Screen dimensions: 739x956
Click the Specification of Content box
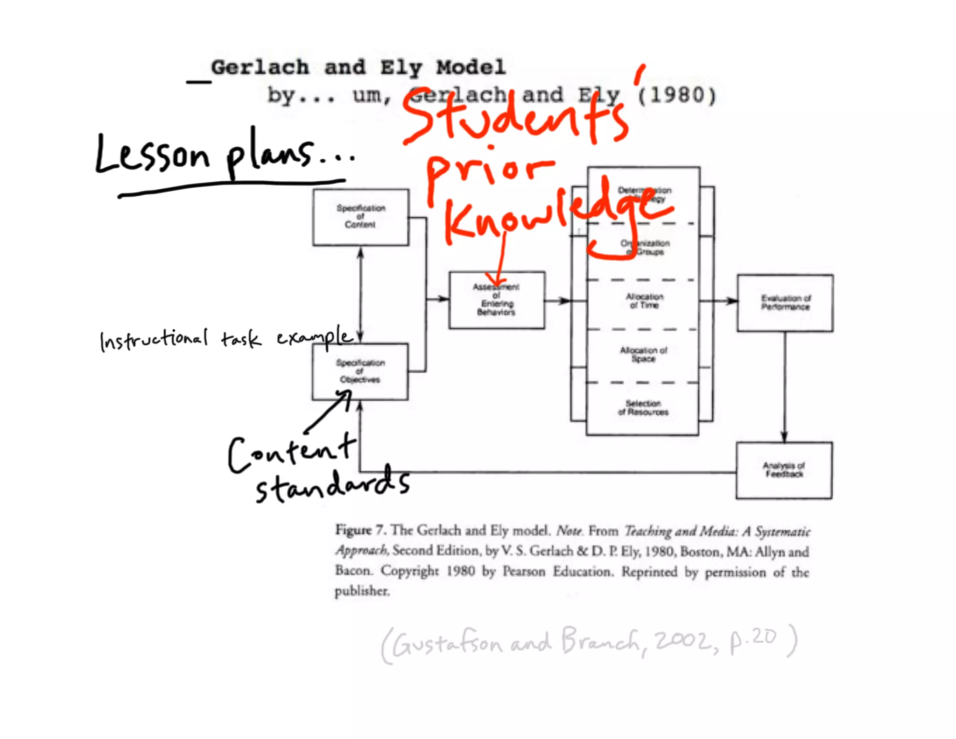coord(360,217)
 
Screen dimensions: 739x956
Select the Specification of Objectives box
coord(360,371)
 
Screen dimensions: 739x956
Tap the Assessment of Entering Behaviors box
coord(497,300)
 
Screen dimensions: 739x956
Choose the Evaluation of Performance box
coord(785,303)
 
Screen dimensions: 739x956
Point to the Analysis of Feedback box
coord(784,470)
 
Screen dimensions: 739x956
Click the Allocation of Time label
coord(644,301)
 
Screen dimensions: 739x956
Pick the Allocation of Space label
coord(643,354)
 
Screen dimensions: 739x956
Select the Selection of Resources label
coord(643,407)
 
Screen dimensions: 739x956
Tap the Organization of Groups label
coord(645,248)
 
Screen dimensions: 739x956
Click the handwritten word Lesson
coord(152,154)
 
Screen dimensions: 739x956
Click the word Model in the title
coord(471,68)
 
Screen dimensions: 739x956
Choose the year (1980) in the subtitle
coord(676,96)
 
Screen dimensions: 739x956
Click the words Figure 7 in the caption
coord(360,530)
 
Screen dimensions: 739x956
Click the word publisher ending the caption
coord(362,591)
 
